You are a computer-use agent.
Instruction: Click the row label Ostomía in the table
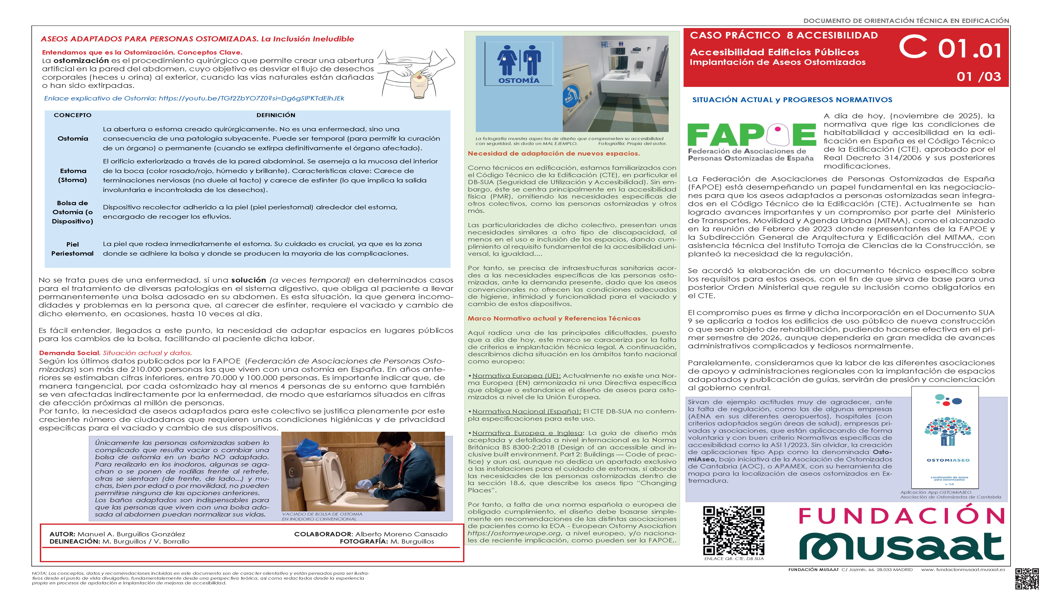coord(73,139)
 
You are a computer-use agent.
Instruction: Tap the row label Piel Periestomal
coord(72,249)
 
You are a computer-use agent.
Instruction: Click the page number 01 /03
coord(978,77)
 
